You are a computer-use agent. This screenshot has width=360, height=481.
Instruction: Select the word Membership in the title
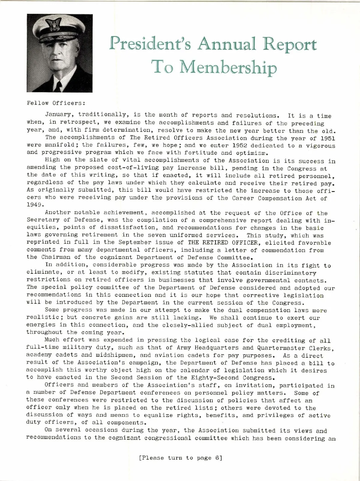pos(228,68)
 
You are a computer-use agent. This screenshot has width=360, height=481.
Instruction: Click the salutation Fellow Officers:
pos(56,103)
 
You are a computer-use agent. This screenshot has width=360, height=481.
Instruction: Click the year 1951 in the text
pos(328,139)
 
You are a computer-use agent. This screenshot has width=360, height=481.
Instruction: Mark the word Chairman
pos(56,257)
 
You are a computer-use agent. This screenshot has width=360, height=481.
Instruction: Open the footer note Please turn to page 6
pos(180,458)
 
